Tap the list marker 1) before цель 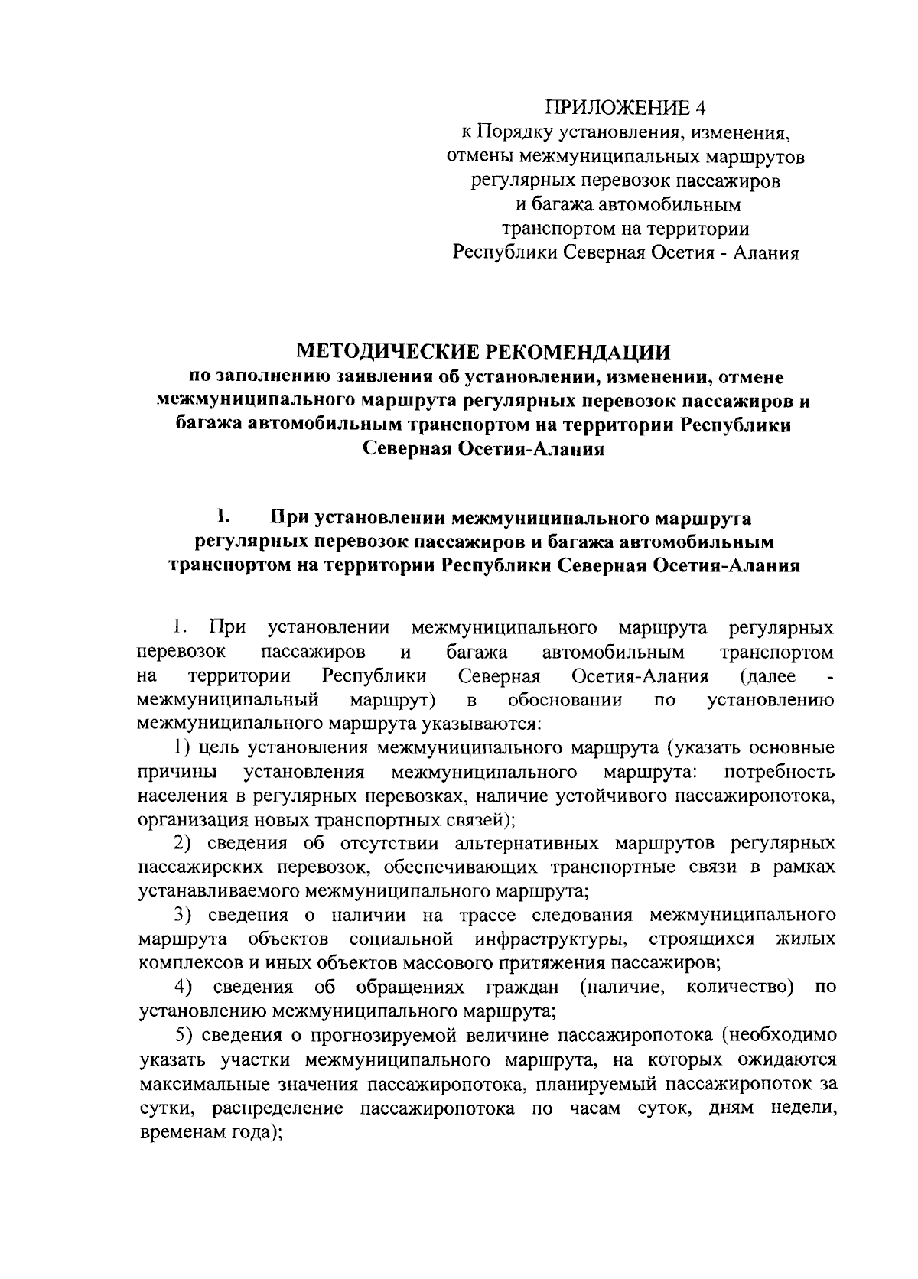point(181,747)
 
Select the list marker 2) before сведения point(181,843)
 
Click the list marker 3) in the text point(181,915)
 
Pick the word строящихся point(701,939)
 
